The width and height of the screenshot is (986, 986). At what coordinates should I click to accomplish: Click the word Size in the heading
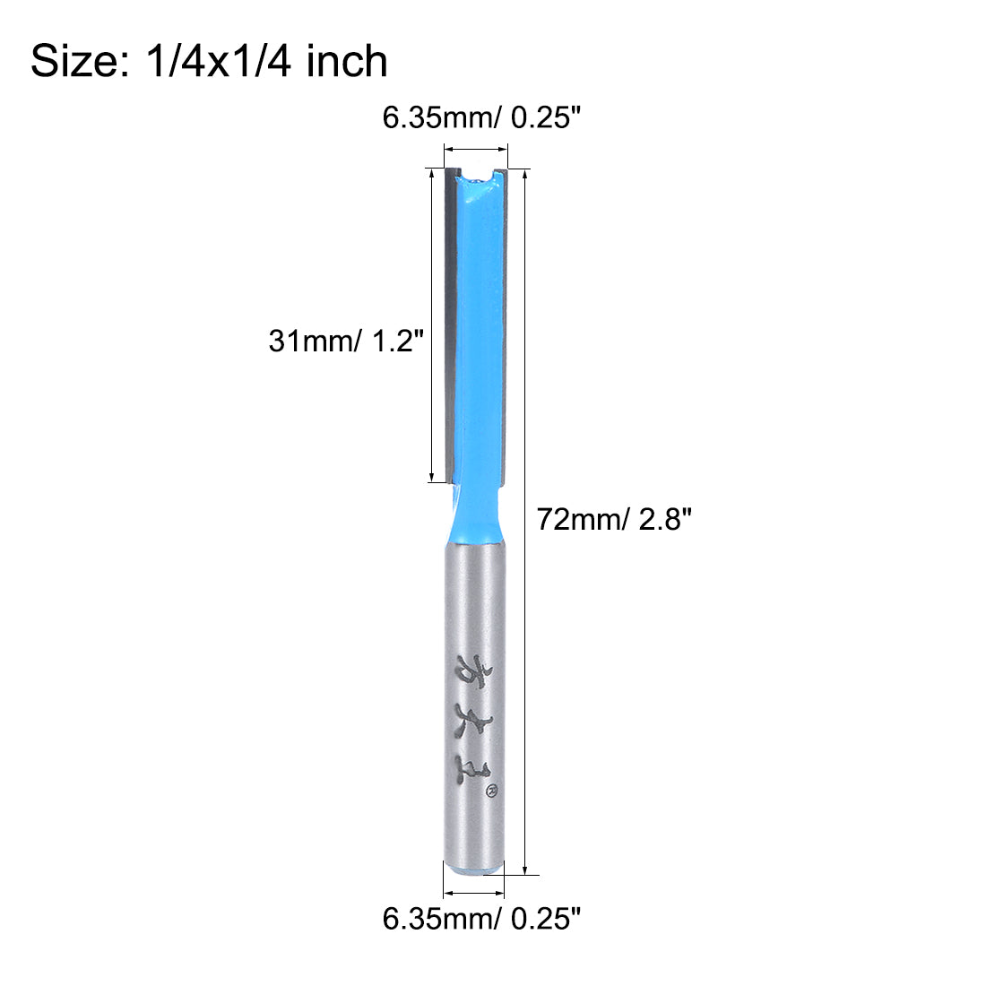(x=72, y=62)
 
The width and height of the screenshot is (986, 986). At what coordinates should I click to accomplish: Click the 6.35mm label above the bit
(x=439, y=117)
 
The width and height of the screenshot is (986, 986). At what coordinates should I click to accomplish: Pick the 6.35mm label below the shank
(x=439, y=918)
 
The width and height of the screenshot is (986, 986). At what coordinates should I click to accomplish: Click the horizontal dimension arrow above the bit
(x=475, y=150)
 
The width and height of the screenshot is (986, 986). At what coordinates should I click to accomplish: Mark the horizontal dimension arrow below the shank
(x=475, y=892)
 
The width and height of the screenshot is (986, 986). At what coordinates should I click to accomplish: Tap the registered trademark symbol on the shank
(x=490, y=790)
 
